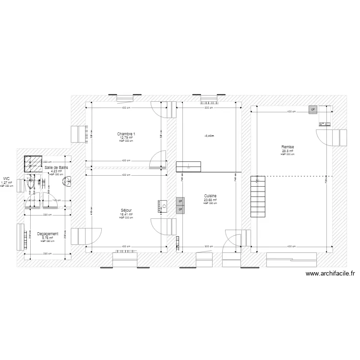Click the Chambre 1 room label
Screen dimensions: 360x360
[x=126, y=133]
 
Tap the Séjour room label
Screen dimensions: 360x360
[x=126, y=210]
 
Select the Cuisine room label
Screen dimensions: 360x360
[x=210, y=196]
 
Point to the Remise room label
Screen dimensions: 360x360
[x=288, y=147]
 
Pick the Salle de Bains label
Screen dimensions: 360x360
[x=56, y=168]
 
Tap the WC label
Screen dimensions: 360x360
[x=6, y=179]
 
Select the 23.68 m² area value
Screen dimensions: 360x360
[x=210, y=200]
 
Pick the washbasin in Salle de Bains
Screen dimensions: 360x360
[x=69, y=181]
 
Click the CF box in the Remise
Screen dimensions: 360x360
[x=313, y=109]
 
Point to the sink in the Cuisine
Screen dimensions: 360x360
[x=189, y=167]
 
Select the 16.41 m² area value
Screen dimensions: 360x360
[x=126, y=214]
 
